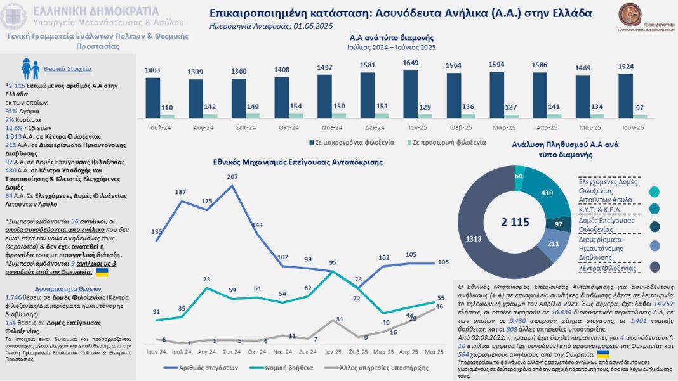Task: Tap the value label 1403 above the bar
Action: pyautogui.click(x=152, y=70)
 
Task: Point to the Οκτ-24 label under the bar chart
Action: pyautogui.click(x=289, y=127)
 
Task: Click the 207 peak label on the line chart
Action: pyautogui.click(x=232, y=176)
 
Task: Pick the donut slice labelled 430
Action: pyautogui.click(x=547, y=192)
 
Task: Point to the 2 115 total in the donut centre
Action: pyautogui.click(x=514, y=222)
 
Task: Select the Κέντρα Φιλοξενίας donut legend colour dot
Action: pyautogui.click(x=655, y=267)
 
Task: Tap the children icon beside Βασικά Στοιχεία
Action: pyautogui.click(x=30, y=68)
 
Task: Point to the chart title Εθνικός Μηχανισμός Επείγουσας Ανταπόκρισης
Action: pyautogui.click(x=298, y=162)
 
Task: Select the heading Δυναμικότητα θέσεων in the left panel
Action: pyautogui.click(x=61, y=288)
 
